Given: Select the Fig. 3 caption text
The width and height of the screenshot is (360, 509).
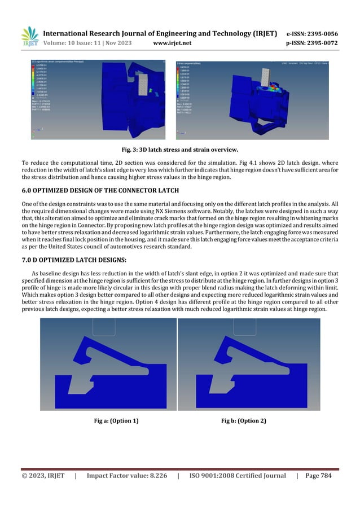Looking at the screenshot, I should pyautogui.click(x=179, y=150).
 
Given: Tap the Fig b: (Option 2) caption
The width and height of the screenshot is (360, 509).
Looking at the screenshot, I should pyautogui.click(x=244, y=421).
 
